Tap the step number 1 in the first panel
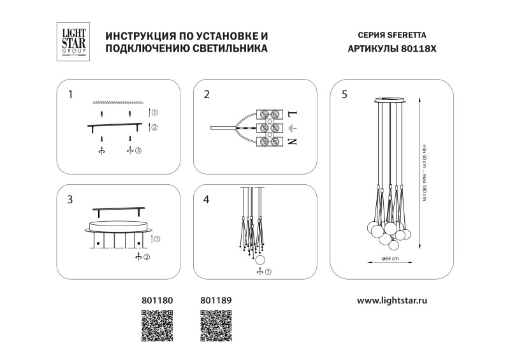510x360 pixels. point(71,95)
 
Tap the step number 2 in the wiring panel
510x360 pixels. point(207,95)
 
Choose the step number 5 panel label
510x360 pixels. point(344,95)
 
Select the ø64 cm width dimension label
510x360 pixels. point(391,259)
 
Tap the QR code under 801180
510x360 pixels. point(157,327)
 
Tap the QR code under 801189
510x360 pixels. point(217,327)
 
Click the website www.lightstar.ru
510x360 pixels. point(391,298)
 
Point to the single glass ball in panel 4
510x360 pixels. point(260,259)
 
